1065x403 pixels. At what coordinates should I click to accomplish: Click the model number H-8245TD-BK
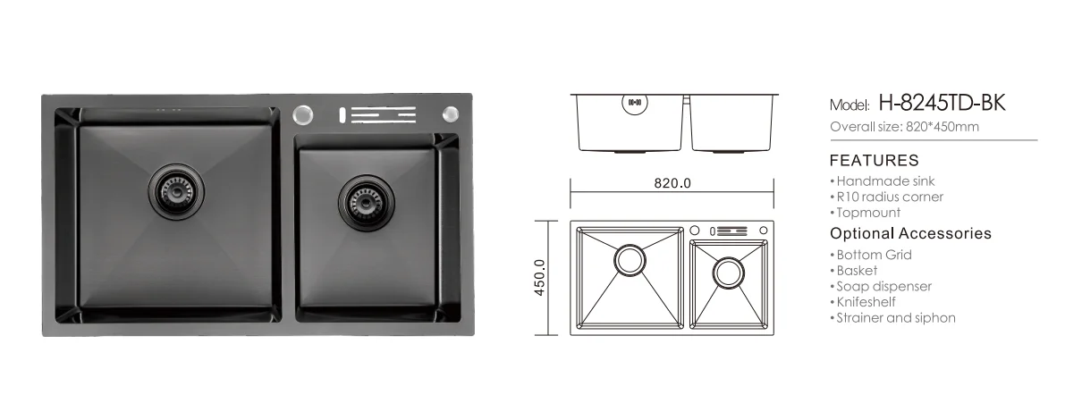942,103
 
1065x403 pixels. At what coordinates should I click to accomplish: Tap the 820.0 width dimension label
672,183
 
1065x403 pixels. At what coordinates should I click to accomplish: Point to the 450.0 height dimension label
540,278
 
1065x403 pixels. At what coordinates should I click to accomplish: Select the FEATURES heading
875,161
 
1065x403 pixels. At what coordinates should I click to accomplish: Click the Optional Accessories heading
911,233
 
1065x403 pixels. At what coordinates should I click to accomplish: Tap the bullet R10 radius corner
886,197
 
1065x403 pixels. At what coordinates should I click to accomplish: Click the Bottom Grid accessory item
871,255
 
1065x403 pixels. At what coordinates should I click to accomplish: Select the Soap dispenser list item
881,286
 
